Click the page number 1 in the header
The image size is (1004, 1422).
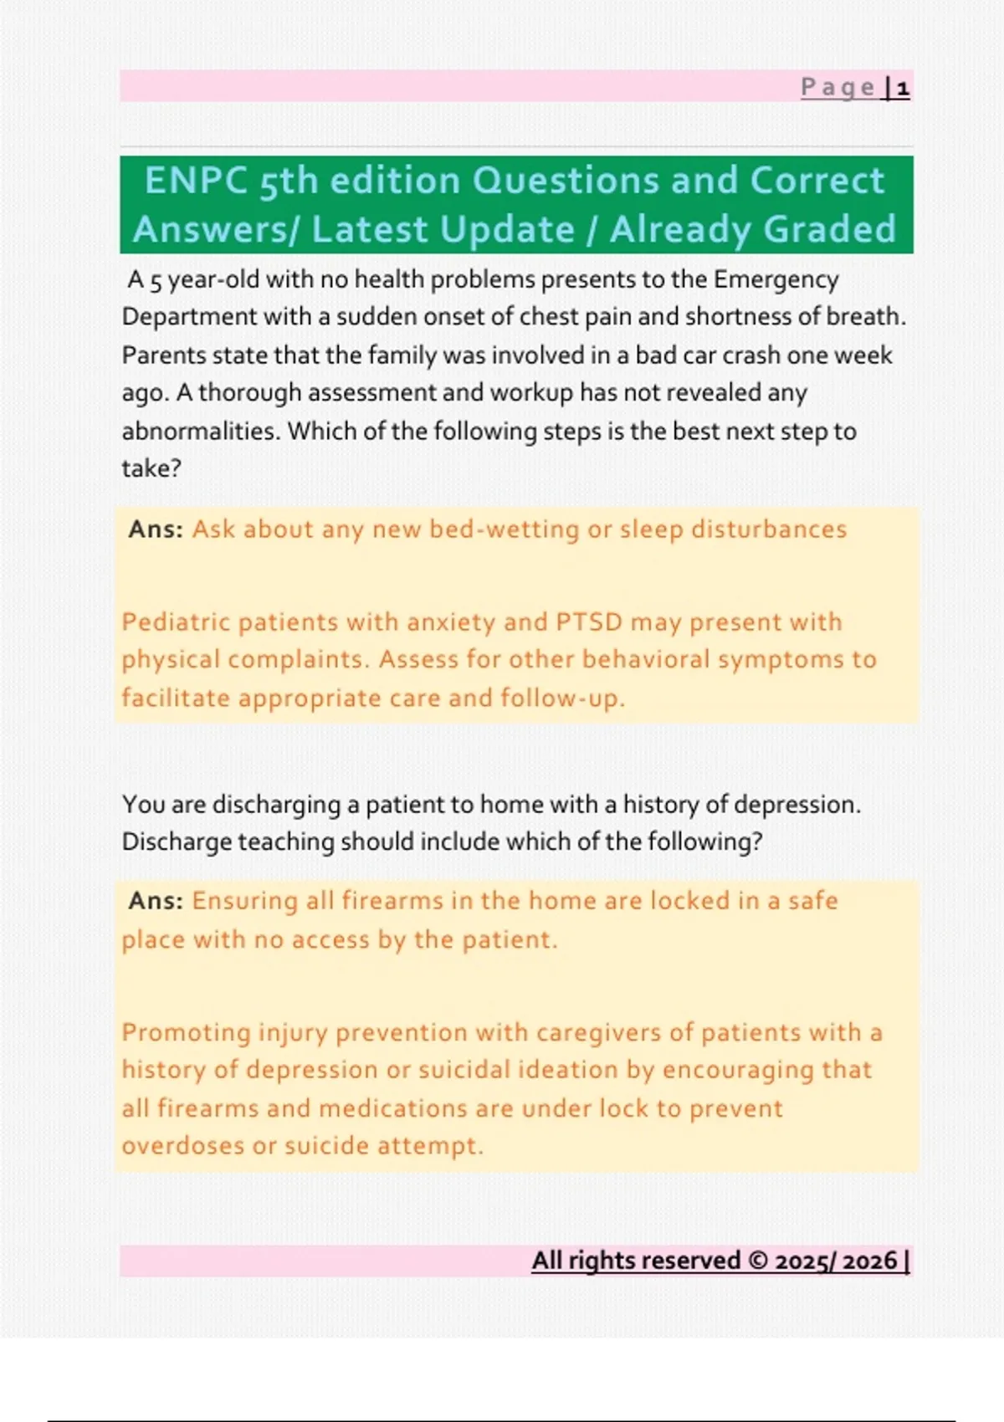903,88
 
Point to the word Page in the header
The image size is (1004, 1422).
838,88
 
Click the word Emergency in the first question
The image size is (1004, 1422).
776,279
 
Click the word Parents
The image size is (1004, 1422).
164,355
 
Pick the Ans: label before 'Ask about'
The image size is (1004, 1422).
156,529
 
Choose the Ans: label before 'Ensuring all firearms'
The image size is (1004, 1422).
156,901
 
